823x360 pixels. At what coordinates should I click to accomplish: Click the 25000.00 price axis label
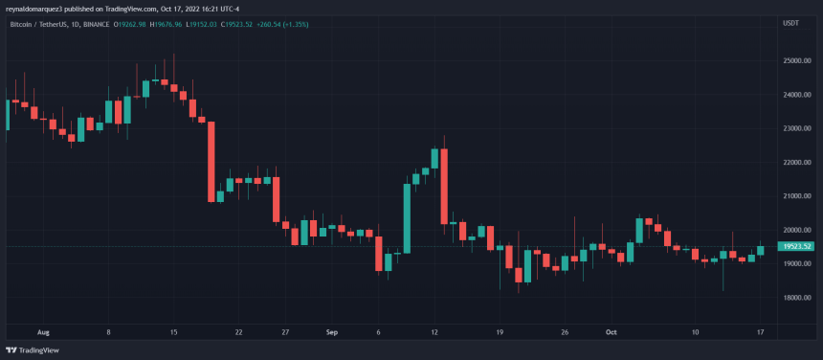796,61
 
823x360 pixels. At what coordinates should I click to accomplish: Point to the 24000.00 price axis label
796,95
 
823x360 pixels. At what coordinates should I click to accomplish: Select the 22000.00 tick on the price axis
796,163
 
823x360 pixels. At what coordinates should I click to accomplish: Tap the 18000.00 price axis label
796,298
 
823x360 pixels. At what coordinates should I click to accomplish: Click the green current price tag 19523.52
796,246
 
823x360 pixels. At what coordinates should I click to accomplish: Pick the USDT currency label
790,22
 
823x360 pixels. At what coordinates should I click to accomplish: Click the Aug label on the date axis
42,332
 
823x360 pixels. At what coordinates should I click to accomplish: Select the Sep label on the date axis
332,332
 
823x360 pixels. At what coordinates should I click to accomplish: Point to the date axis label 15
173,332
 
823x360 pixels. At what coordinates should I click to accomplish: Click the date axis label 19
500,332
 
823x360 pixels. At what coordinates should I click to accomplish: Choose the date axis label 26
565,332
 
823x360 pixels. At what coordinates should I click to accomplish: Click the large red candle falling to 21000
211,161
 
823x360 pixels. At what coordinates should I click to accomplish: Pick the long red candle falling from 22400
444,186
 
